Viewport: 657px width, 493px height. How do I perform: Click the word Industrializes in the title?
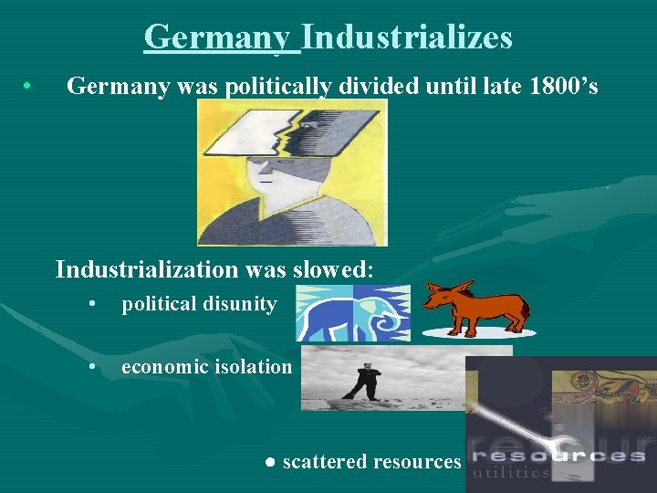pos(407,37)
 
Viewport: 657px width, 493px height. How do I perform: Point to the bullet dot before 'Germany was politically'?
pos(29,88)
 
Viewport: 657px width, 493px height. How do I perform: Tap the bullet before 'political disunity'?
pos(93,305)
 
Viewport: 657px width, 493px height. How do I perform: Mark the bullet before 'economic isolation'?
pos(93,367)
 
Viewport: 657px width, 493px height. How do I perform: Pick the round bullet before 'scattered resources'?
pos(271,463)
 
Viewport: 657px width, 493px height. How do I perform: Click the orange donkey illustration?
pos(479,306)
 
